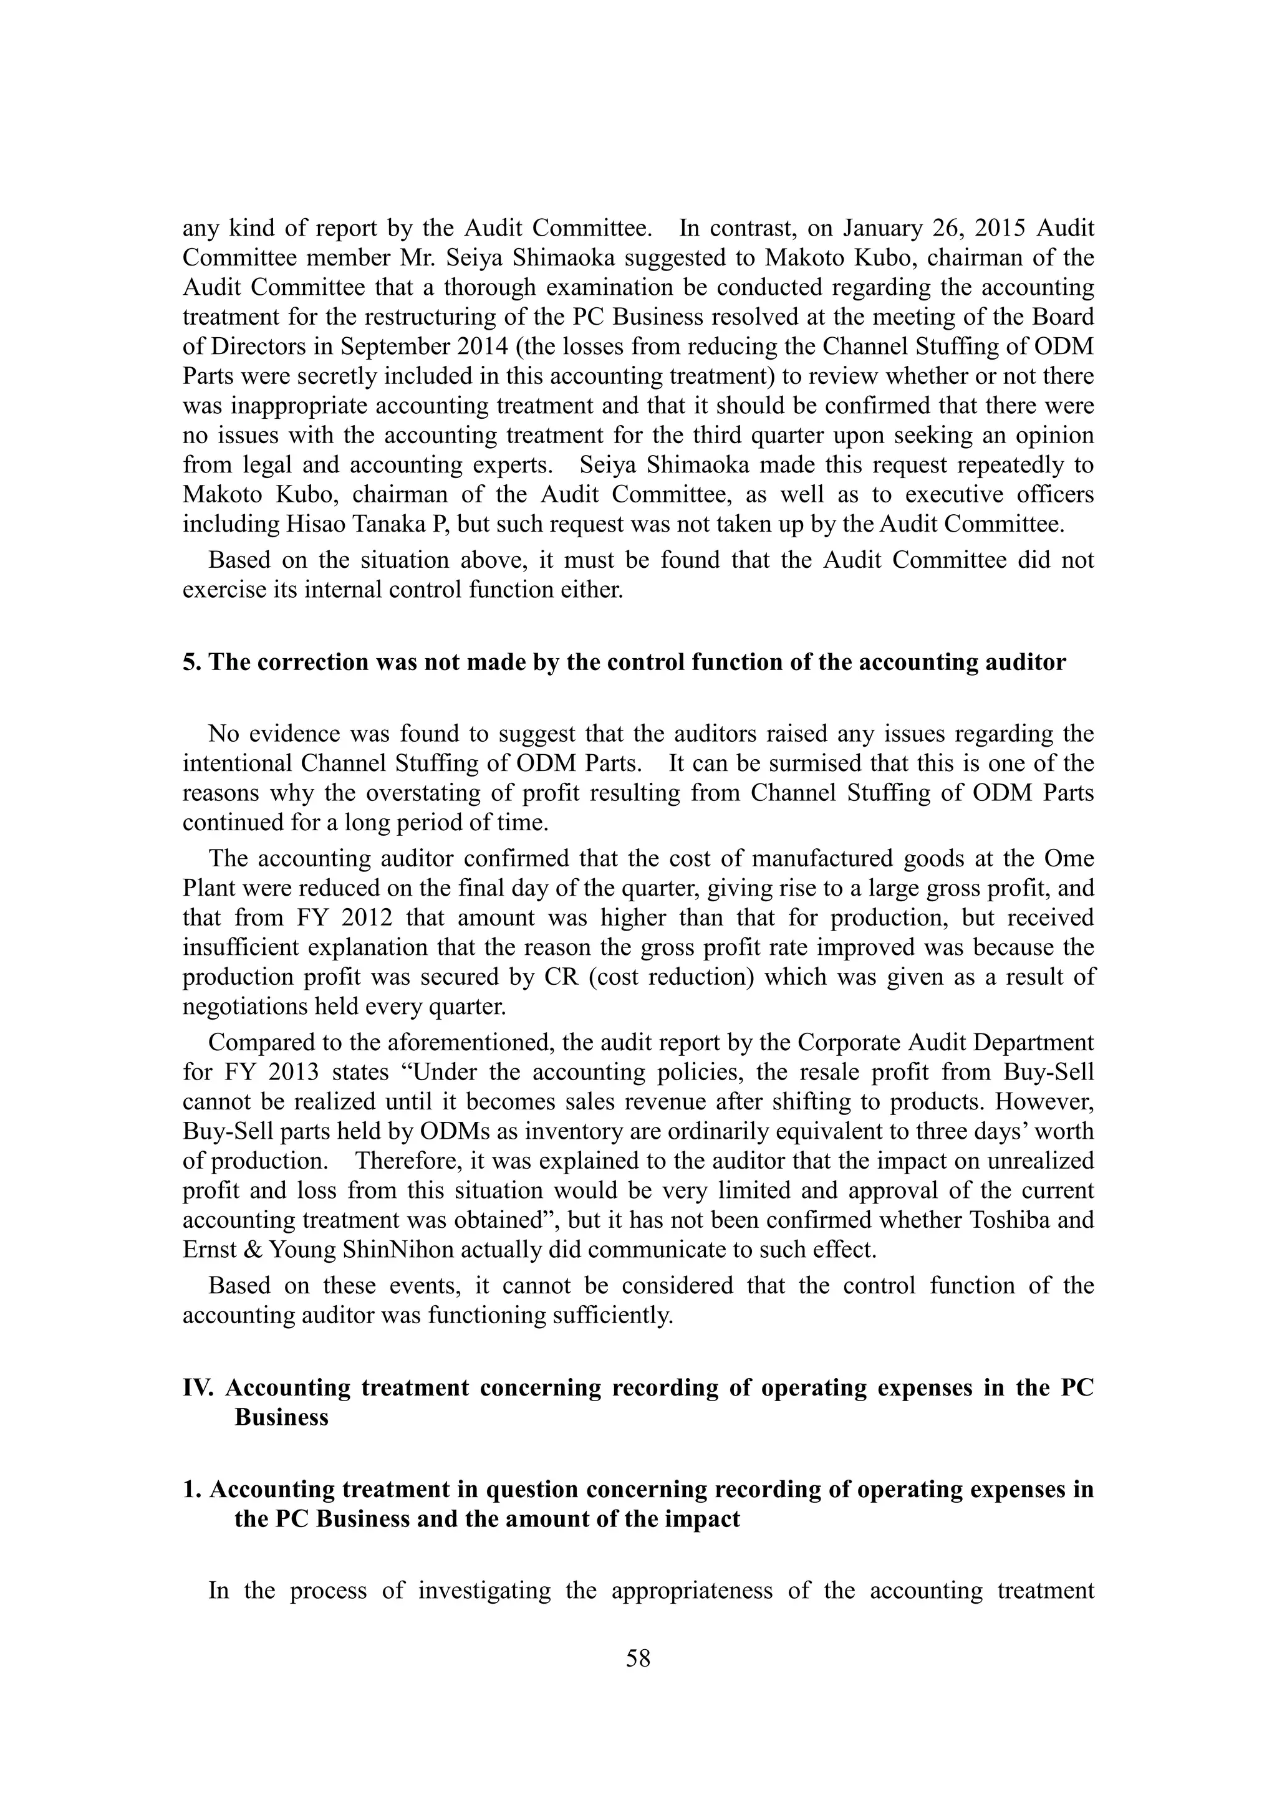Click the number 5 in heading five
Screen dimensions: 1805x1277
[x=189, y=662]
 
